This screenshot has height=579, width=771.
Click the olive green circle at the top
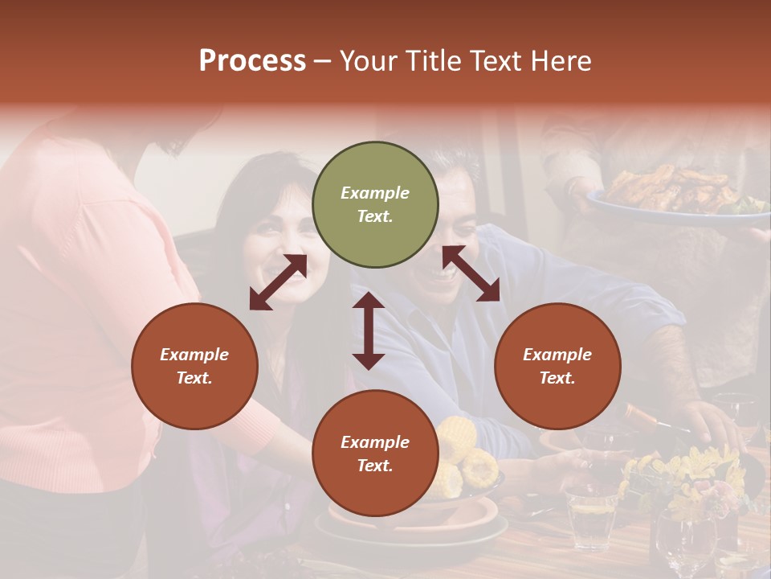point(375,205)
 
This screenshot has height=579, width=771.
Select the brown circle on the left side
point(194,366)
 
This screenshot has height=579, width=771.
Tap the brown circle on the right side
point(557,366)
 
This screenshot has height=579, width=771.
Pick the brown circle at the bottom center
point(375,454)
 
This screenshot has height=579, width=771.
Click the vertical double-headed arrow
point(369,331)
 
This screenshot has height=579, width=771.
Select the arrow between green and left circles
point(278,282)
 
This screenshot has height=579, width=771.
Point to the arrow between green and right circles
point(471,274)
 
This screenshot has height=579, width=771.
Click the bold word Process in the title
point(252,60)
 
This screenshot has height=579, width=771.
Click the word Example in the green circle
point(375,193)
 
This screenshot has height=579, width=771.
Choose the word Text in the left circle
point(194,378)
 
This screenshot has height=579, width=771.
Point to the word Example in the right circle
point(557,355)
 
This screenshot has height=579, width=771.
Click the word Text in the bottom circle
point(375,466)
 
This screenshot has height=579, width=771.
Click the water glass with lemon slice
point(593,515)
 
